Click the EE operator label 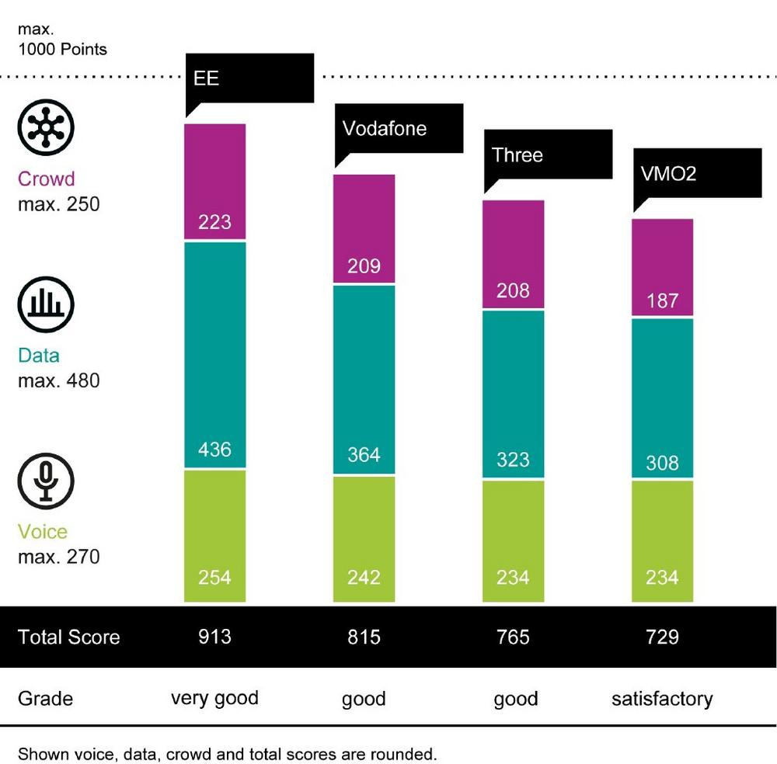click(x=207, y=78)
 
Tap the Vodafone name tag click(x=385, y=128)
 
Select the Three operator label click(x=517, y=155)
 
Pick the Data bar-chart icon click(x=46, y=303)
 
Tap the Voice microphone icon click(x=46, y=480)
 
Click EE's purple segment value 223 click(x=214, y=222)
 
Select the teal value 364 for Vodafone click(x=364, y=454)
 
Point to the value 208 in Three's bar click(x=513, y=290)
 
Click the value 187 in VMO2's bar click(x=662, y=300)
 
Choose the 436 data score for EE click(x=214, y=450)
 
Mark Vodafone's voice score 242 click(x=364, y=578)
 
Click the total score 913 click(x=214, y=637)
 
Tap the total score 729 click(x=662, y=637)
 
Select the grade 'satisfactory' click(x=662, y=699)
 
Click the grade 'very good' click(x=214, y=697)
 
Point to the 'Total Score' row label click(x=69, y=637)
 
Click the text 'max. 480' click(x=59, y=381)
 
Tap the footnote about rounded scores click(x=228, y=753)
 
